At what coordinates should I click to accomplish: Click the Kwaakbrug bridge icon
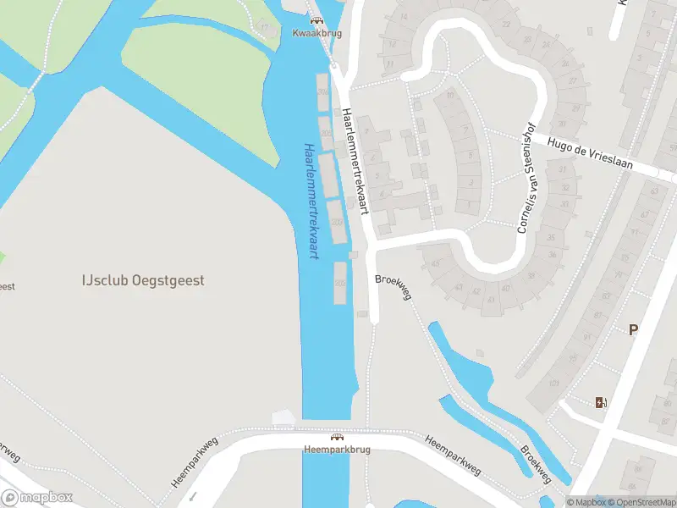click(316, 20)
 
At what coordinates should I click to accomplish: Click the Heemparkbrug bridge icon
click(337, 437)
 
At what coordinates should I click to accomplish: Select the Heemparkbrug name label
click(337, 450)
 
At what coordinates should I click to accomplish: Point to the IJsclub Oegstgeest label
click(143, 280)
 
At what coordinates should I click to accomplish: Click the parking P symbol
click(632, 330)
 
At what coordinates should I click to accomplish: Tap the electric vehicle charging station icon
click(602, 402)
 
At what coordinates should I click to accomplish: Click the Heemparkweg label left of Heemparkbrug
click(194, 461)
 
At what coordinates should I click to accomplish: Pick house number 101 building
click(554, 384)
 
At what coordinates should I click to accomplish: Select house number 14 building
click(405, 17)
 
